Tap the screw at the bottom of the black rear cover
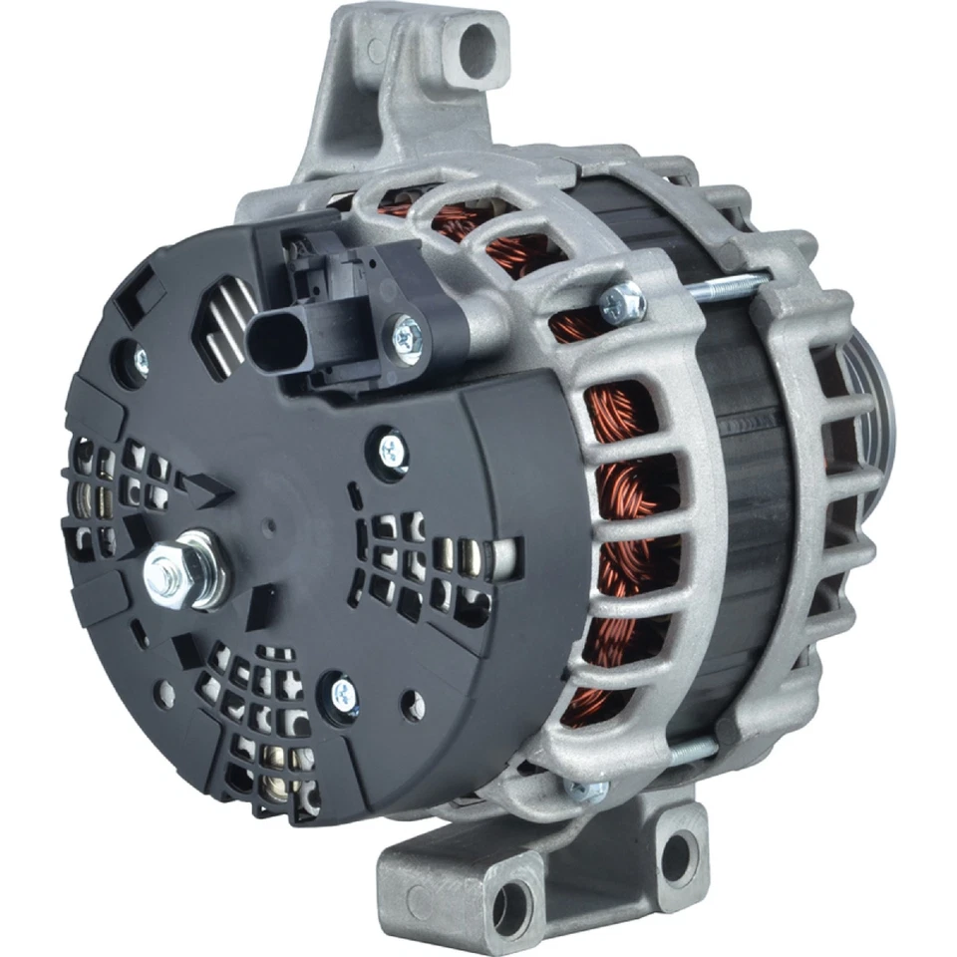point(344,689)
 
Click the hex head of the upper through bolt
point(625,296)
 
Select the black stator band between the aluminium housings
point(743,478)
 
